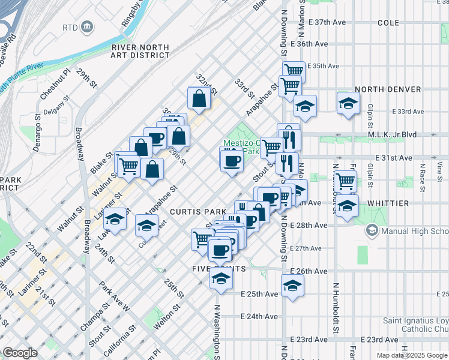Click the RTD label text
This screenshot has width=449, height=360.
coord(71,28)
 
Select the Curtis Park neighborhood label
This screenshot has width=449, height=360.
coord(197,212)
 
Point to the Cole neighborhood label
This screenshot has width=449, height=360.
coord(388,22)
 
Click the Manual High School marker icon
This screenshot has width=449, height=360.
coord(372,230)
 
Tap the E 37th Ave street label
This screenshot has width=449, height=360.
coord(328,22)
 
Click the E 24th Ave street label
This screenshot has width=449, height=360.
coord(259,316)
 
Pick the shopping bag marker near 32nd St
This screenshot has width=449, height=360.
coord(199,97)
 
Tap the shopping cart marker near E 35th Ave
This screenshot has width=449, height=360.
coord(294,70)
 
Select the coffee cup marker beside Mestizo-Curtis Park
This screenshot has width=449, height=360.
coord(232,160)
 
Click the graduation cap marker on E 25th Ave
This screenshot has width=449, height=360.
coord(292,285)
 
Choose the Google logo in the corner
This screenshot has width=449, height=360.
coord(20,353)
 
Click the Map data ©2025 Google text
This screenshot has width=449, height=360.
coord(412,355)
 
